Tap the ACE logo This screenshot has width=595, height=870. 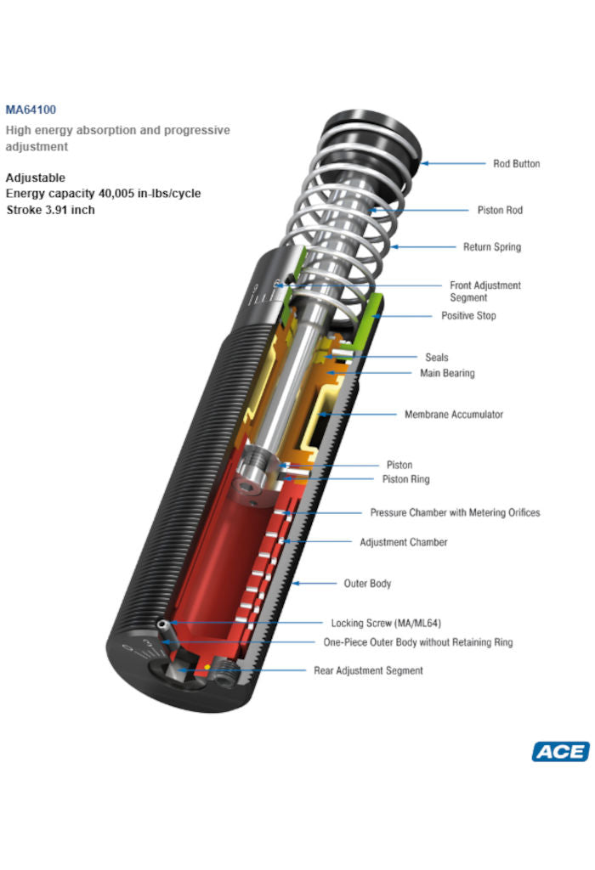[560, 751]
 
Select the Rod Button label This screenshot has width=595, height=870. [516, 164]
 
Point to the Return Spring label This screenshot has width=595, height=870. [491, 247]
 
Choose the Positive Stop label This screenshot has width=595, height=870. [468, 315]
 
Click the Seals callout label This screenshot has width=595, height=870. [436, 358]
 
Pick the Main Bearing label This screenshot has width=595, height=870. [447, 373]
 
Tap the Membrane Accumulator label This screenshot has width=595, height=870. [453, 415]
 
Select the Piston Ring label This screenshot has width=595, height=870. [405, 479]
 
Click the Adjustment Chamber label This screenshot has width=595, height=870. [403, 542]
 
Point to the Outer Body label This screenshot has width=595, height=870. [367, 584]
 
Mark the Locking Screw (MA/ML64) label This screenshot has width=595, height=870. [386, 623]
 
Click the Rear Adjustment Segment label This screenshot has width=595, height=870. [368, 670]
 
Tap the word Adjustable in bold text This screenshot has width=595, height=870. [35, 178]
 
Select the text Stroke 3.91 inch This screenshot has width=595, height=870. [50, 209]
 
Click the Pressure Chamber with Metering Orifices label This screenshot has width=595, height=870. [455, 512]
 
